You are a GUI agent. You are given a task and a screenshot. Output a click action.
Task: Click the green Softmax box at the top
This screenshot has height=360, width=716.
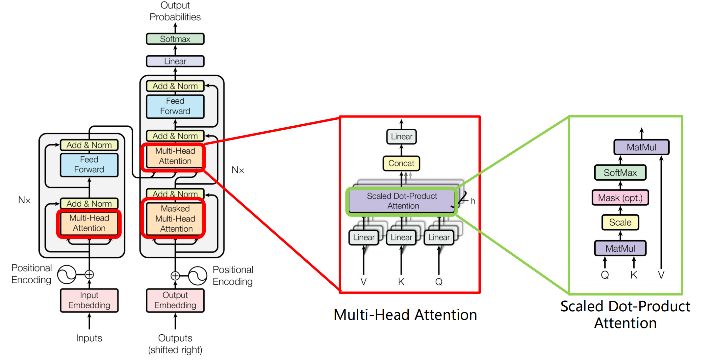tap(175, 39)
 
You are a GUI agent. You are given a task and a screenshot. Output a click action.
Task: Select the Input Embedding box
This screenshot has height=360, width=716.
tap(89, 300)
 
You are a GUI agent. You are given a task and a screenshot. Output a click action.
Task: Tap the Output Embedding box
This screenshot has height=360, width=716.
tap(175, 300)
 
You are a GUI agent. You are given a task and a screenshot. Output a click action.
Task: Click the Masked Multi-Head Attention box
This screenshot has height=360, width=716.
tap(175, 219)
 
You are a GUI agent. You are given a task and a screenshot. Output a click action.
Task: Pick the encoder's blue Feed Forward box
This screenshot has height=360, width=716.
tap(89, 165)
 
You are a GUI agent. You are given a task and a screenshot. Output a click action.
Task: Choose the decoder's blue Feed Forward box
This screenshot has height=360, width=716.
tap(175, 106)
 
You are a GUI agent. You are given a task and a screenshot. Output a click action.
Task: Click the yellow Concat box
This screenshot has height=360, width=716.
tap(401, 163)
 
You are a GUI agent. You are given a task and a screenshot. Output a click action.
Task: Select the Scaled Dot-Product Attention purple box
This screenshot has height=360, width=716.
tap(402, 201)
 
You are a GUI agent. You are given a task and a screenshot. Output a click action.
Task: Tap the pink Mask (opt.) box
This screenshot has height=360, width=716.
tap(620, 198)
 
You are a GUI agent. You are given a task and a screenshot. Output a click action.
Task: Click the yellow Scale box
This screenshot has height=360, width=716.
tap(620, 222)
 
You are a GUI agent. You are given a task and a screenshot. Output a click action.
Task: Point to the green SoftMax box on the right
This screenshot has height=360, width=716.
tap(620, 172)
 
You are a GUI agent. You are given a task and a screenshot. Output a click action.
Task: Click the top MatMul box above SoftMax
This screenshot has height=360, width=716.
tap(641, 147)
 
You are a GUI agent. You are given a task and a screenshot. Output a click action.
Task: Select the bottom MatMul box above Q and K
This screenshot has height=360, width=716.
tap(620, 248)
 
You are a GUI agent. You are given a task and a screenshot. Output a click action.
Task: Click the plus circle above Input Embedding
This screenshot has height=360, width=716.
tap(89, 274)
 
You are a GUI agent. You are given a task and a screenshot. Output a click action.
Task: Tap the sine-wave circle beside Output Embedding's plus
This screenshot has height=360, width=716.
tap(198, 276)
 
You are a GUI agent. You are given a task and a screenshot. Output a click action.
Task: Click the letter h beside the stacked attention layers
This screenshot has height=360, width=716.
tap(473, 201)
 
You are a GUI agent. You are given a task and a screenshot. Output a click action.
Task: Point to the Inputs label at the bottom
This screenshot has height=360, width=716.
tap(89, 338)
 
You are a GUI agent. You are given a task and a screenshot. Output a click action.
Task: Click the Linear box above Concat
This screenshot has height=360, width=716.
tap(401, 137)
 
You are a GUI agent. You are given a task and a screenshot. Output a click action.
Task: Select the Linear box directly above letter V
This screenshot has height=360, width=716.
tap(364, 237)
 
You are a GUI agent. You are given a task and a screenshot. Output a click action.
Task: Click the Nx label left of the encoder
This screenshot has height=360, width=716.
tap(24, 200)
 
